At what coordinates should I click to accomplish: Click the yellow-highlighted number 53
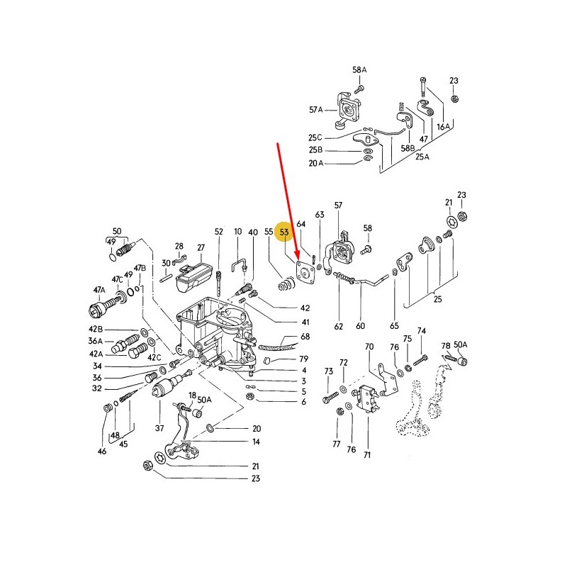284,232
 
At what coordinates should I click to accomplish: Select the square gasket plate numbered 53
305,272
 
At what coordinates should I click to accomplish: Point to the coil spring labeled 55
286,284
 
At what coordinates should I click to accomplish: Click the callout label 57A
315,109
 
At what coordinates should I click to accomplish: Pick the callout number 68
305,337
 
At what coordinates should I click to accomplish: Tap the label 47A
99,290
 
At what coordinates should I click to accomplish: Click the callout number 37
159,428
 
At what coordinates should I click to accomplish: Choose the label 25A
422,157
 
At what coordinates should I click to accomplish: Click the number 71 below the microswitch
367,455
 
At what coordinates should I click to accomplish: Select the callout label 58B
408,148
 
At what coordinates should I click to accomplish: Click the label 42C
154,358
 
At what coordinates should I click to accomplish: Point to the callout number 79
304,359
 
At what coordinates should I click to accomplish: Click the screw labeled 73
330,398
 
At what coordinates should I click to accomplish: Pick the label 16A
443,127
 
